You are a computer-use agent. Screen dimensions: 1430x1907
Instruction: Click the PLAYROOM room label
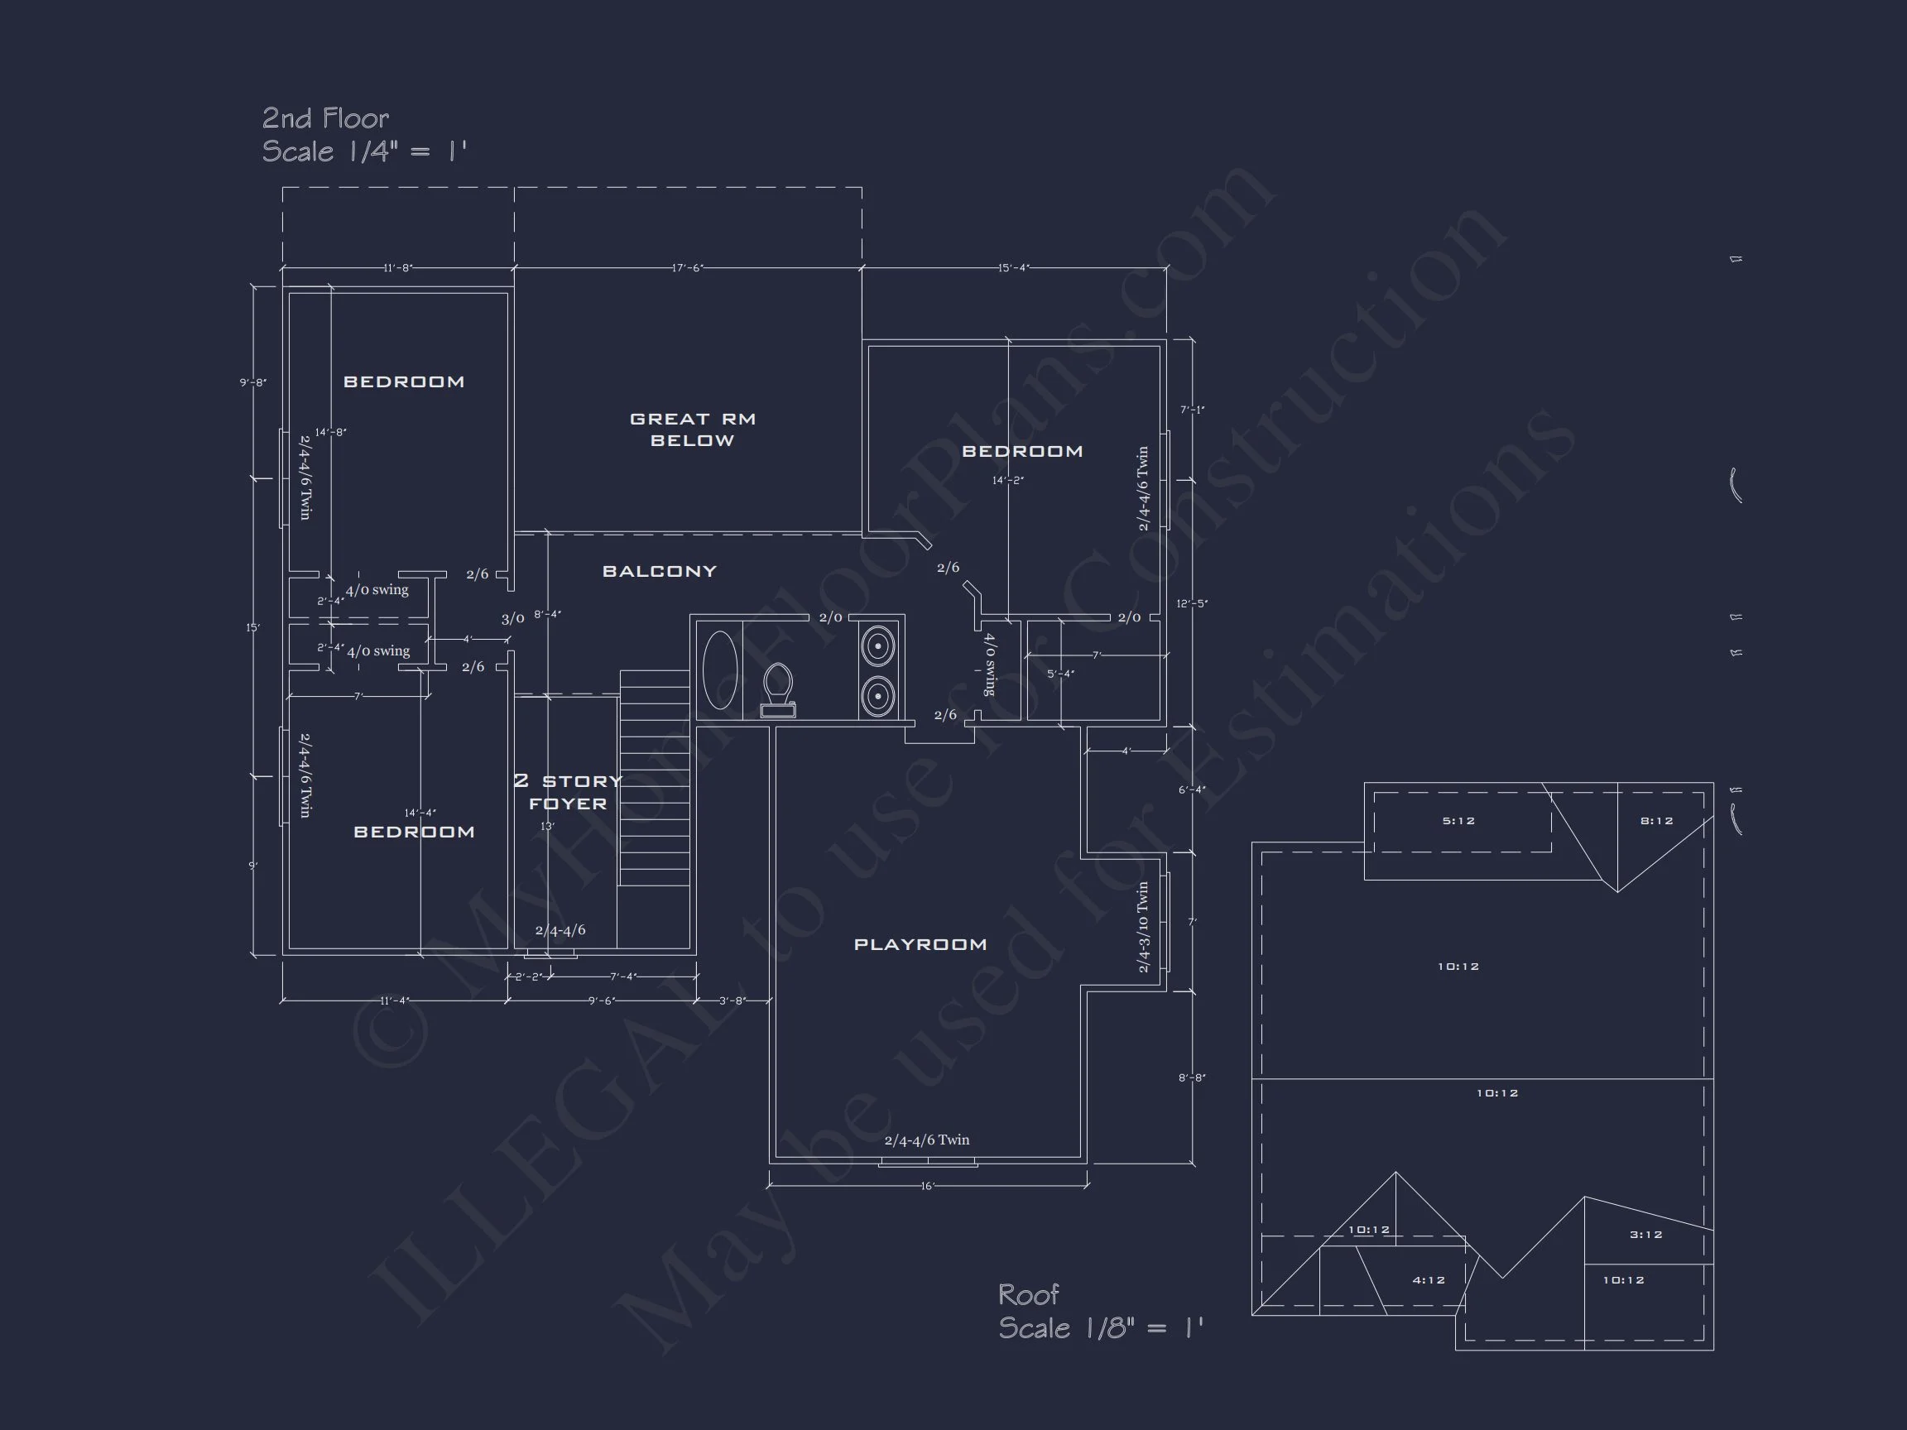coord(920,945)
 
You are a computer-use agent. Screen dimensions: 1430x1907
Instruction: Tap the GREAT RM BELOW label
coord(692,429)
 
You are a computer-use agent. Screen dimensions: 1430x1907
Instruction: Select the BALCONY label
coord(660,572)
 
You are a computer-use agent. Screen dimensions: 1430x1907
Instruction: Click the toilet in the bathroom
coord(778,688)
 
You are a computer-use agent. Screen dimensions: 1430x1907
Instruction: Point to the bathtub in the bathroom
coord(720,669)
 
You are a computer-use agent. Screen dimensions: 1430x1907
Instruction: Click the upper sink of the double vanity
coord(877,645)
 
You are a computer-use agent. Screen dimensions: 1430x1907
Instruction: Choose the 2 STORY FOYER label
coord(568,792)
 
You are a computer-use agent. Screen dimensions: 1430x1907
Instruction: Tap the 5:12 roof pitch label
coord(1458,822)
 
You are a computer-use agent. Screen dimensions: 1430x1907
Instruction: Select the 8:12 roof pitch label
coord(1656,822)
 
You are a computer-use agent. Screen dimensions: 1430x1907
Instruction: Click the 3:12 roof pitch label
coord(1645,1236)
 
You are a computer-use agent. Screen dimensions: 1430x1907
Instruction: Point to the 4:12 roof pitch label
coord(1429,1281)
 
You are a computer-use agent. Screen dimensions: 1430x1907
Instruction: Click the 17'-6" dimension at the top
coord(687,268)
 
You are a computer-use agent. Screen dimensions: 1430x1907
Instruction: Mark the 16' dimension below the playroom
coord(927,1187)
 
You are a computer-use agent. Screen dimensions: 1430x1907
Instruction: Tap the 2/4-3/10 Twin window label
coord(1143,927)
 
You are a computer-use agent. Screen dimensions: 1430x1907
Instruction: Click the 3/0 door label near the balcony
coord(512,619)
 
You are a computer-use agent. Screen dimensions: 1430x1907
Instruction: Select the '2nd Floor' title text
coord(325,118)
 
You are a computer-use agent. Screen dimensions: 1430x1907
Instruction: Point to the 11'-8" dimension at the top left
coord(397,268)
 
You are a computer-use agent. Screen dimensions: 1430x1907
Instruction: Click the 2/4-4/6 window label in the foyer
coord(560,930)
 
